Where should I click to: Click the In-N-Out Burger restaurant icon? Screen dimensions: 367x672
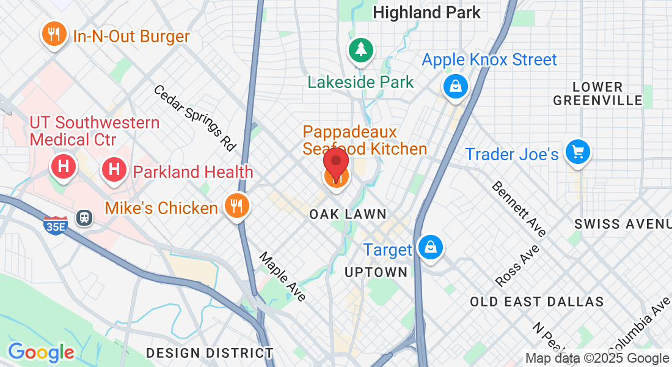pos(54,34)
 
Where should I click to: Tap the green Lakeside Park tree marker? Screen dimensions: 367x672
pos(360,50)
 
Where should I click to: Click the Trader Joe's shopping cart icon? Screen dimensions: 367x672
pos(577,151)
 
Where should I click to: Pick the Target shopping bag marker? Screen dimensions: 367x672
pos(431,247)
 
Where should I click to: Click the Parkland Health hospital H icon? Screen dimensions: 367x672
pos(114,169)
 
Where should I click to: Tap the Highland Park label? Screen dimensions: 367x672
pos(426,12)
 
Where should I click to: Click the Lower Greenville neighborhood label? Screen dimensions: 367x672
pos(597,94)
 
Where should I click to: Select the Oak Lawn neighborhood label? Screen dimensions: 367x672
pos(348,214)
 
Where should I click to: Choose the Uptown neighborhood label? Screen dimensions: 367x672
pos(376,272)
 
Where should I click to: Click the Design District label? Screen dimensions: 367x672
pos(210,353)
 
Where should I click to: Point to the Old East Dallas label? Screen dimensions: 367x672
pos(536,302)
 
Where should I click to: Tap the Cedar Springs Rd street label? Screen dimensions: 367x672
pos(195,118)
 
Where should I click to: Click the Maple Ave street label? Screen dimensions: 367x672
pos(282,276)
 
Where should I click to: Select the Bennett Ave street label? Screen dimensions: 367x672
pos(519,208)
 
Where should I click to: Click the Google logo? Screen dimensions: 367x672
pos(41,353)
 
